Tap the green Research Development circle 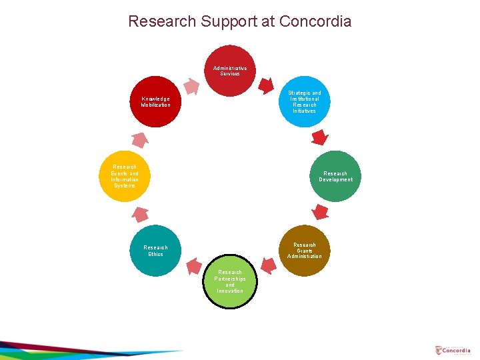335,177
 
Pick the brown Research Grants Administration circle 304,251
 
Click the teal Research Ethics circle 155,251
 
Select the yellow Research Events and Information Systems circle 125,177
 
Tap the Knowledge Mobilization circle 155,102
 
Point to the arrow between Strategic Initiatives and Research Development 320,138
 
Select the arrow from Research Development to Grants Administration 321,213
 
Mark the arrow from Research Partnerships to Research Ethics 193,266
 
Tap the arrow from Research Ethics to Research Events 140,214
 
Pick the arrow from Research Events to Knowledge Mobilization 140,139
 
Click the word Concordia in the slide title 315,21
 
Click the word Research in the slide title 159,21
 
